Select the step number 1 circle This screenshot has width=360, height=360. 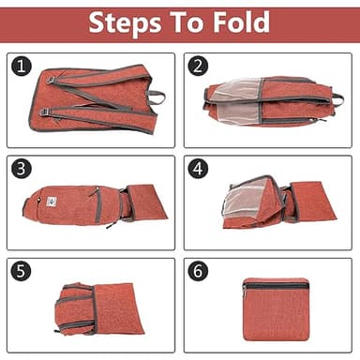pyautogui.click(x=22, y=67)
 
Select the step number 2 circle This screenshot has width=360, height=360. pyautogui.click(x=198, y=67)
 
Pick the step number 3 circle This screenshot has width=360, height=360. pyautogui.click(x=22, y=169)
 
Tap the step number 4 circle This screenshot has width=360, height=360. pyautogui.click(x=198, y=169)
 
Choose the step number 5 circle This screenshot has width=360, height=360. pyautogui.click(x=22, y=272)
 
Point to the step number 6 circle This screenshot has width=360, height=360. pyautogui.click(x=198, y=272)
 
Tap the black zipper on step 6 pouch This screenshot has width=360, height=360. pyautogui.click(x=276, y=284)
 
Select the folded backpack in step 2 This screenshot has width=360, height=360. pyautogui.click(x=267, y=100)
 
